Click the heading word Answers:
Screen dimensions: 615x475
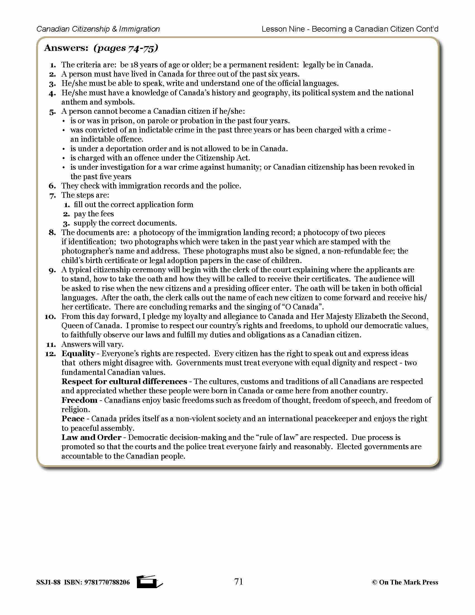[x=66, y=48]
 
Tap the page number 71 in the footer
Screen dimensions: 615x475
[x=239, y=581]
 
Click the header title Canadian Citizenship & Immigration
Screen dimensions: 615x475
[x=98, y=29]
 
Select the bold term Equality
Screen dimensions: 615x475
[x=78, y=354]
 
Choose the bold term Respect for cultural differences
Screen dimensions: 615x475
[x=124, y=382]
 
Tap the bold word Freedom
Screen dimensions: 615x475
[x=79, y=400]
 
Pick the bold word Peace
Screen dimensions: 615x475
[x=73, y=419]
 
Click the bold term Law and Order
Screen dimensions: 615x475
[x=91, y=437]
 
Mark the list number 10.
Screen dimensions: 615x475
[x=50, y=317]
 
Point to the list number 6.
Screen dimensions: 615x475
[x=52, y=186]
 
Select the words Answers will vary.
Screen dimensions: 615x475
[x=92, y=344]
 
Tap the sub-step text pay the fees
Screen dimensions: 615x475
[x=94, y=214]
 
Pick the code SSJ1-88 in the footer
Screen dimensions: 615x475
[x=48, y=582]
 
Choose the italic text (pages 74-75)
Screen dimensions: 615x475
[x=126, y=48]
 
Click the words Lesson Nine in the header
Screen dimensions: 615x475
[x=283, y=29]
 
